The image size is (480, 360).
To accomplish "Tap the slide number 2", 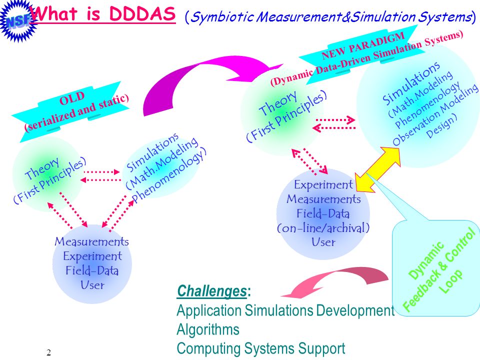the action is pyautogui.click(x=48, y=352).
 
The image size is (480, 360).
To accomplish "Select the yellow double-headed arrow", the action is pyautogui.click(x=378, y=169).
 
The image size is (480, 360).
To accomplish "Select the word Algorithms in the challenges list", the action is pyautogui.click(x=208, y=329).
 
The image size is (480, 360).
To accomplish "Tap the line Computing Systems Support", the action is pyautogui.click(x=261, y=348).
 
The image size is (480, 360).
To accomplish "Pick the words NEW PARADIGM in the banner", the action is pyautogui.click(x=363, y=46).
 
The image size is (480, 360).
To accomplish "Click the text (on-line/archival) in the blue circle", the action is pyautogui.click(x=323, y=228).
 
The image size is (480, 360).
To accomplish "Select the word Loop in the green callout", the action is pyautogui.click(x=450, y=281).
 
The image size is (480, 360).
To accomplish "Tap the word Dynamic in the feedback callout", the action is pyautogui.click(x=426, y=260).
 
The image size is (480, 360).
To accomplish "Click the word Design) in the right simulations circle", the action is pyautogui.click(x=441, y=125).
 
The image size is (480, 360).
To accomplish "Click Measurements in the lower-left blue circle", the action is pyautogui.click(x=91, y=241).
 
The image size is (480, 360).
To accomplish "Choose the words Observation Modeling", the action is pyautogui.click(x=435, y=114).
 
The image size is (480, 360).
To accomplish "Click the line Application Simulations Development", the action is pyautogui.click(x=285, y=310).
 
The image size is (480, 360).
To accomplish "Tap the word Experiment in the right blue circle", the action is pyautogui.click(x=323, y=184).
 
